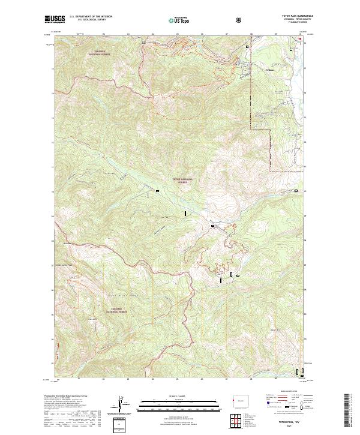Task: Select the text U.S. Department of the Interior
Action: [91, 17]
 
